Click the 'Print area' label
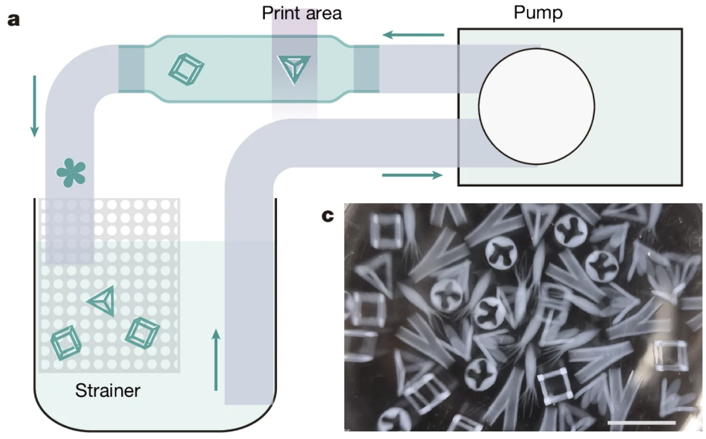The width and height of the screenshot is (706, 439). (x=302, y=12)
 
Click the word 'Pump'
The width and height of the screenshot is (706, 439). (x=537, y=12)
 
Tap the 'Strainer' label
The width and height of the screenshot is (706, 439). (x=108, y=390)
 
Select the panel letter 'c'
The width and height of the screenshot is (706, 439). (x=328, y=215)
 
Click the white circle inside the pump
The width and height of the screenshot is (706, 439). (x=536, y=106)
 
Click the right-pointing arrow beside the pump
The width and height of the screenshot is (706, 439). (x=412, y=175)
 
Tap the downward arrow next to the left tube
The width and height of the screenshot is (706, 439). (x=34, y=106)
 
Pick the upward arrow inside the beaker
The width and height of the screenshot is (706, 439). (x=216, y=359)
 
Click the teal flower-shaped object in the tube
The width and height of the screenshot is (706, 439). (x=71, y=172)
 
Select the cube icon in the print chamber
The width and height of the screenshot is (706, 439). (x=186, y=70)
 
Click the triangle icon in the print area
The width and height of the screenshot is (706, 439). (x=292, y=69)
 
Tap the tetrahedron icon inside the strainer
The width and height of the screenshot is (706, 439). (x=102, y=300)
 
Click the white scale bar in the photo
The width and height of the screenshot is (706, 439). (x=641, y=423)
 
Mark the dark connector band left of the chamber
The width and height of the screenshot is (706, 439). (x=131, y=69)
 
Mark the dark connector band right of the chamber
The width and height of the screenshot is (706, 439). (x=366, y=69)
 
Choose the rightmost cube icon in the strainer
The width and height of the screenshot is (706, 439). (x=142, y=332)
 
